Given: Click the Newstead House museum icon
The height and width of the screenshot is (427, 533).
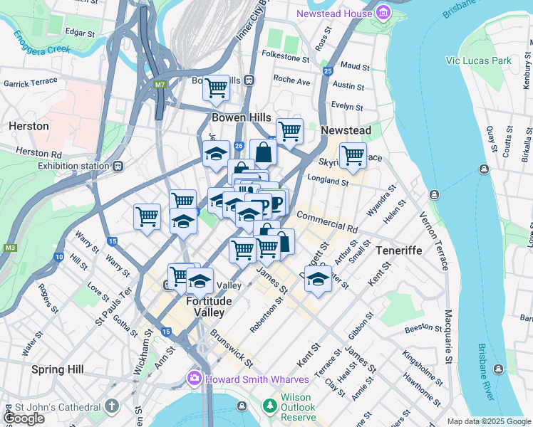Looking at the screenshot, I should tap(383, 13).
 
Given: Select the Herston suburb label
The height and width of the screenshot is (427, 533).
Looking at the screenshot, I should tap(29, 126).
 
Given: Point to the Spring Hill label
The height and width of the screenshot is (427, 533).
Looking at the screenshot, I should tap(57, 369).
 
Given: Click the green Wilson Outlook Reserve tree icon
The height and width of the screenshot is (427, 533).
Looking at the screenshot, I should tap(269, 406).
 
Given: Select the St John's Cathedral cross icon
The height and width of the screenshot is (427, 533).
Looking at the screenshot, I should tap(110, 406).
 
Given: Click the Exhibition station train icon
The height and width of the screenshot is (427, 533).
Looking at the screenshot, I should tap(118, 167).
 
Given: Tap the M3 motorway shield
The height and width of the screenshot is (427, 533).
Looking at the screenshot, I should tap(9, 248).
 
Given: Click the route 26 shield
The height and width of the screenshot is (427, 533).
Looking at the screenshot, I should tap(239, 146).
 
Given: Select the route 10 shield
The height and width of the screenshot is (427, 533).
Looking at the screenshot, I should tap(58, 256).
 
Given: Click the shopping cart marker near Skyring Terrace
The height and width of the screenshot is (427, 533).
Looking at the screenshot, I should tap(353, 155).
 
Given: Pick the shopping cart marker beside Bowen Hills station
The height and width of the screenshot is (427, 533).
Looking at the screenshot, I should tap(216, 88).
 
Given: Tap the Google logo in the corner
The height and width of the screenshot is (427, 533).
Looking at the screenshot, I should tap(24, 418).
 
